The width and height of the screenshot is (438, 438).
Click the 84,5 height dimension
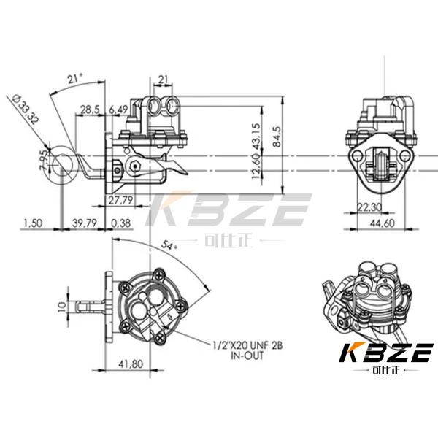pyautogui.click(x=277, y=137)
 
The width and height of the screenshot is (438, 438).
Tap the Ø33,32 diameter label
pyautogui.click(x=25, y=109)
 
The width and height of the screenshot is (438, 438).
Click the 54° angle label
pyautogui.click(x=169, y=245)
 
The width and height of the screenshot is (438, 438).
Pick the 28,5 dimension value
pyautogui.click(x=90, y=109)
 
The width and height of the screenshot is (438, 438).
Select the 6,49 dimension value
pyautogui.click(x=118, y=109)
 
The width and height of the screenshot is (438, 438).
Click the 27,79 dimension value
pyautogui.click(x=120, y=200)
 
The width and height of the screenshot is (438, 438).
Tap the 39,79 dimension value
pyautogui.click(x=85, y=223)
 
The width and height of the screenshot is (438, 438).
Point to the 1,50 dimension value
pyautogui.click(x=33, y=223)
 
